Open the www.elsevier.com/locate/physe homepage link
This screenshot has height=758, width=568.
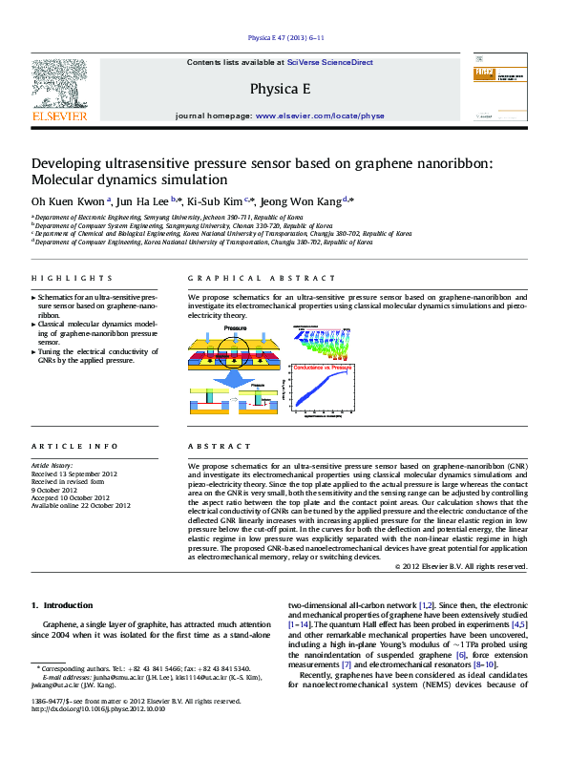[320, 116]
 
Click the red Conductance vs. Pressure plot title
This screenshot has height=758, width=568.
[322, 367]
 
